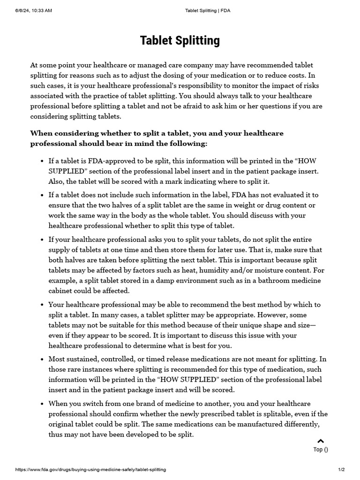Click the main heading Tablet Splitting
(180, 41)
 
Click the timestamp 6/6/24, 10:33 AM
(33, 11)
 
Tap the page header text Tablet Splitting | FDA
(208, 11)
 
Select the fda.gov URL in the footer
(90, 469)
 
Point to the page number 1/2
(341, 469)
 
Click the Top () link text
(321, 450)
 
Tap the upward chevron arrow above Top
(321, 441)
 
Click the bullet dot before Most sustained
(43, 360)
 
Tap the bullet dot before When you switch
(43, 404)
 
